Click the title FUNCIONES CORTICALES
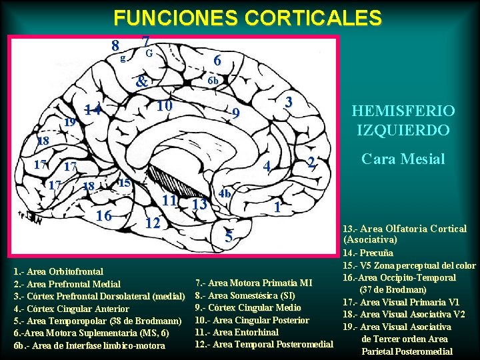point(247,17)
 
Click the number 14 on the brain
point(93,111)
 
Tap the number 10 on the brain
point(165,106)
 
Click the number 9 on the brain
point(235,115)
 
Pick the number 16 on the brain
point(103,215)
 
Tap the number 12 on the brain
point(153,223)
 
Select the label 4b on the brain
point(225,193)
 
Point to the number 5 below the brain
point(229,236)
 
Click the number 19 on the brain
point(69,123)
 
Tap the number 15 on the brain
point(124,183)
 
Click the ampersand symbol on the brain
point(141,83)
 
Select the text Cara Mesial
point(403,159)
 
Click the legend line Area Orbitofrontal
point(58,271)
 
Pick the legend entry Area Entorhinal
point(236,332)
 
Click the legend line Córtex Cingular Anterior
point(71,309)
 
